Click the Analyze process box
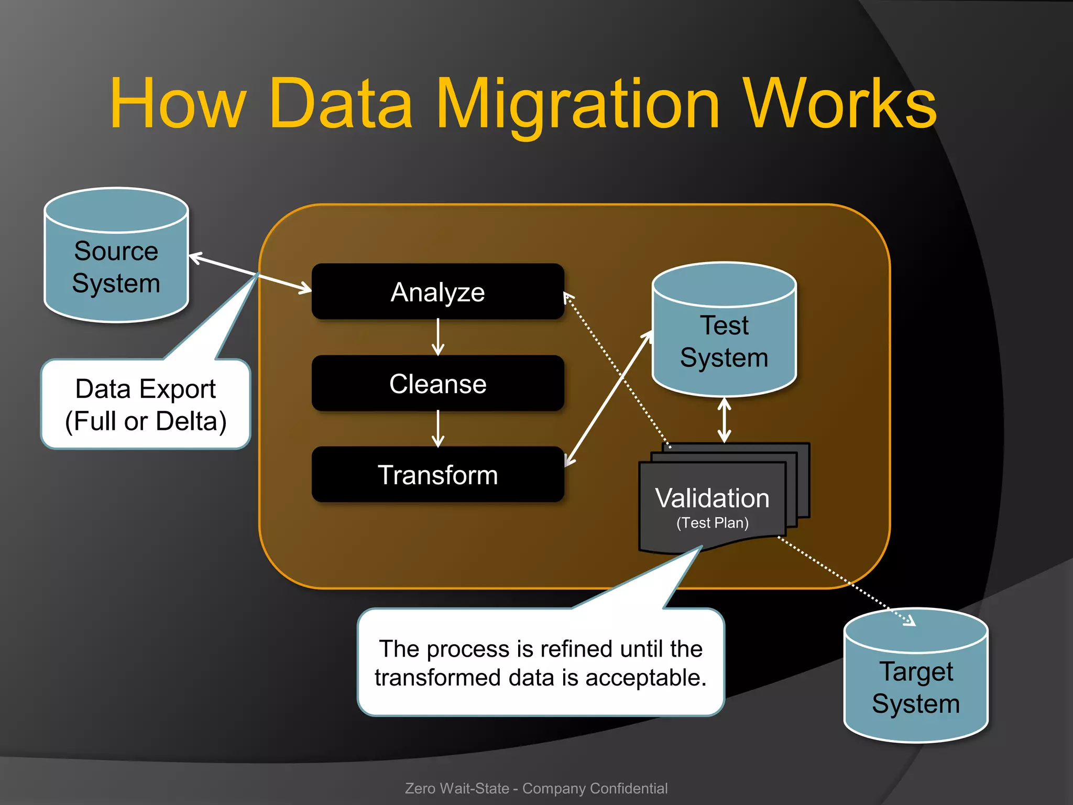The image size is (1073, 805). pyautogui.click(x=437, y=292)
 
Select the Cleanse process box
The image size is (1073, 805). pyautogui.click(x=437, y=384)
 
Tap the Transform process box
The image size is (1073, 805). pyautogui.click(x=437, y=475)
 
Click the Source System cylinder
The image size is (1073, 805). pyautogui.click(x=116, y=267)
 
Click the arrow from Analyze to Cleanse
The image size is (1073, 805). pyautogui.click(x=438, y=338)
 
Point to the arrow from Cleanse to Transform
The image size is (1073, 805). pyautogui.click(x=438, y=429)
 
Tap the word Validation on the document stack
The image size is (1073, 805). pyautogui.click(x=712, y=498)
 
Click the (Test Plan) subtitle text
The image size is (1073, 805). pyautogui.click(x=712, y=523)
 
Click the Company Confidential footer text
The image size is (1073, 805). pyautogui.click(x=595, y=788)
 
